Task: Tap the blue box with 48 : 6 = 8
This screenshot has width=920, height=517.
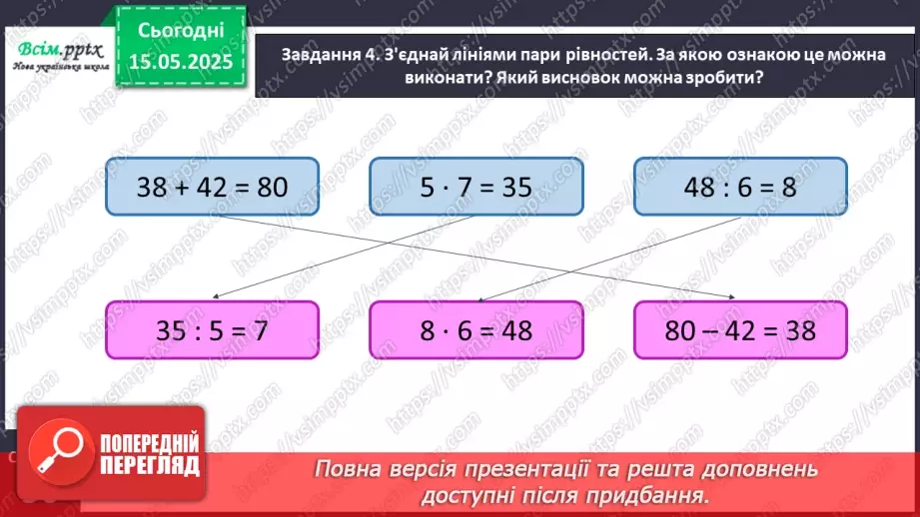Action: click(740, 186)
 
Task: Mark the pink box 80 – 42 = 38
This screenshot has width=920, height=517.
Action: click(740, 330)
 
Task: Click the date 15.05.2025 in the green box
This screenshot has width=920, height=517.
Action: click(181, 62)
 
